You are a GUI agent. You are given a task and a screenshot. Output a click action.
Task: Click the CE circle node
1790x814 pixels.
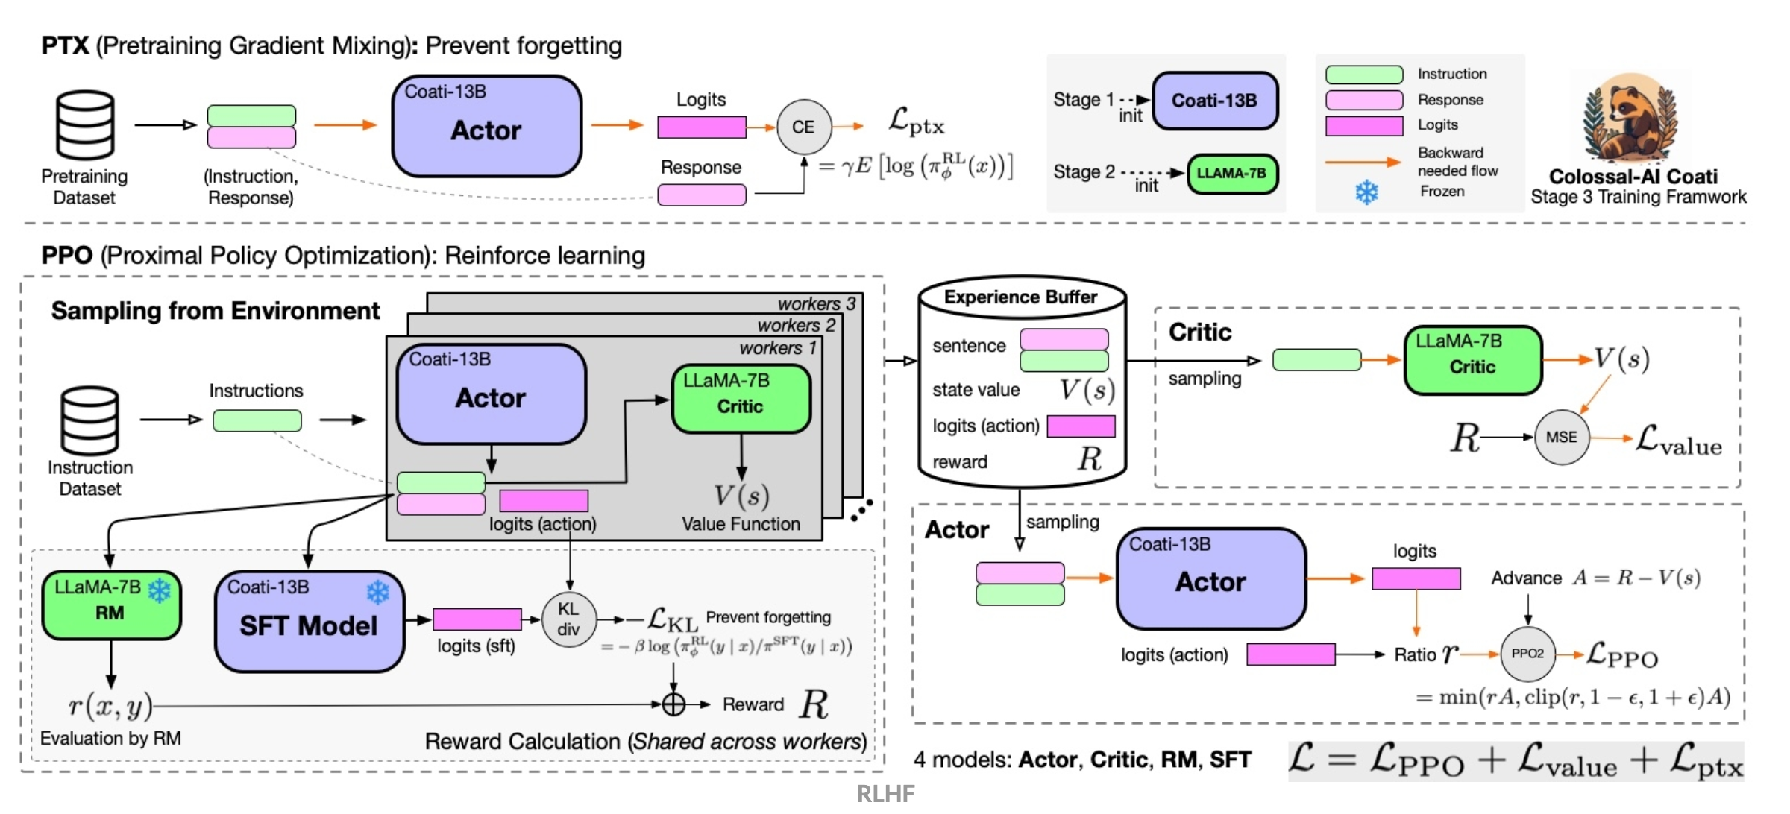(x=803, y=127)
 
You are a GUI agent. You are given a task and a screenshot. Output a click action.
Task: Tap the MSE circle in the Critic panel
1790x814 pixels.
(x=1561, y=438)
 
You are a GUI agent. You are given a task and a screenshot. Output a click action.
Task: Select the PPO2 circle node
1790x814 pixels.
(x=1527, y=654)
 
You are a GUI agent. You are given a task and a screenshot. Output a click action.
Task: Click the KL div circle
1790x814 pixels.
(x=568, y=619)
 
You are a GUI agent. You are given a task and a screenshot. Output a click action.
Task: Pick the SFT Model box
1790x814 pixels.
(x=310, y=622)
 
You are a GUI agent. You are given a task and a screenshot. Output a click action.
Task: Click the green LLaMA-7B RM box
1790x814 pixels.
(x=111, y=605)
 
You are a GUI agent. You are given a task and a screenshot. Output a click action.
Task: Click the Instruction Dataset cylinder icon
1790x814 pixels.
(x=90, y=420)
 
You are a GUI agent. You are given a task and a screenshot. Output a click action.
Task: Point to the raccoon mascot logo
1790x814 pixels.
(x=1631, y=119)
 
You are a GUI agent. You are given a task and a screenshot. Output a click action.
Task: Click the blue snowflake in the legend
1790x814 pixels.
(x=1366, y=192)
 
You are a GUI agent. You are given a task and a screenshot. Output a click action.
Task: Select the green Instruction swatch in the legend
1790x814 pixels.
(x=1364, y=75)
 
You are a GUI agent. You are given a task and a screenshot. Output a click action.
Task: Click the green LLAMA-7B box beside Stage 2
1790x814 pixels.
(x=1231, y=174)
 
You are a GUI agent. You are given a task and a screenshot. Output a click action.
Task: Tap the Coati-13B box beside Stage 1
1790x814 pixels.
(x=1215, y=101)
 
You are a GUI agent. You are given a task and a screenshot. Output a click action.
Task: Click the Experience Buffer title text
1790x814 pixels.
(x=1020, y=297)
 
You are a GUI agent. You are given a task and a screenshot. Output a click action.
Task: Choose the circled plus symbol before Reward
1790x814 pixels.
(x=673, y=704)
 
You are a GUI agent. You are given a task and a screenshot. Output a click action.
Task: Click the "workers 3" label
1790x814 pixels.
(x=816, y=303)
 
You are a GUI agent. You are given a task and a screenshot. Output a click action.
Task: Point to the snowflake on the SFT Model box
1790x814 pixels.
(x=378, y=593)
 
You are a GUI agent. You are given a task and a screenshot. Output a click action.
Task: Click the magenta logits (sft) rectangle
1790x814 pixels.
(x=477, y=619)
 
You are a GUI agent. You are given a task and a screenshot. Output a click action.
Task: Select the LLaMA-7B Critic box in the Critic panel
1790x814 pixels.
(x=1473, y=360)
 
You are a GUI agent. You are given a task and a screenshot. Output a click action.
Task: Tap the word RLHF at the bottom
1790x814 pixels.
(x=885, y=793)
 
